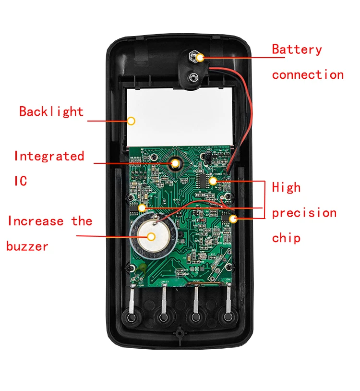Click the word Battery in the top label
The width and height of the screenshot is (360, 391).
pyautogui.click(x=297, y=49)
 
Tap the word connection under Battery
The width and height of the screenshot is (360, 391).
pyautogui.click(x=308, y=75)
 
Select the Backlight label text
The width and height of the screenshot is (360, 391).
pyautogui.click(x=51, y=111)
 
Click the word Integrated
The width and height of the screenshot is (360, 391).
pyautogui.click(x=49, y=156)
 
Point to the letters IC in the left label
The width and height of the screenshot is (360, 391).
pyautogui.click(x=20, y=181)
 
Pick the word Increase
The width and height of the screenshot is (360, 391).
pyautogui.click(x=36, y=221)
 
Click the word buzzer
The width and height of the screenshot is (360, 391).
pyautogui.click(x=27, y=247)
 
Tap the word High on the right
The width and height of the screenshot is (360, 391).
pyautogui.click(x=286, y=187)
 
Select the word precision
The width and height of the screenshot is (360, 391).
pyautogui.click(x=304, y=213)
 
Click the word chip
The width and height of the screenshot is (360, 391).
pyautogui.click(x=286, y=238)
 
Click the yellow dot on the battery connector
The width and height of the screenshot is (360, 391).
pyautogui.click(x=199, y=58)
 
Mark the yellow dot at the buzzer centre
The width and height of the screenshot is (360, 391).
pyautogui.click(x=152, y=236)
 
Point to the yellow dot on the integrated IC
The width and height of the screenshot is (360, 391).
pyautogui.click(x=175, y=164)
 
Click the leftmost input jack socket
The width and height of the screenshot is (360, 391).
pyautogui.click(x=132, y=318)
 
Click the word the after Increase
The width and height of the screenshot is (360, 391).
pyautogui.click(x=82, y=221)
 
